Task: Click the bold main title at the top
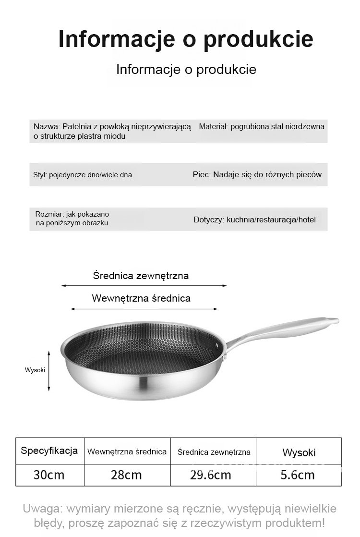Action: (186, 39)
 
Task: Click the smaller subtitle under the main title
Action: (186, 69)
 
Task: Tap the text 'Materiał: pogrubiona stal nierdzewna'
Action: (262, 127)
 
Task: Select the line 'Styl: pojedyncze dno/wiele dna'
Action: (83, 175)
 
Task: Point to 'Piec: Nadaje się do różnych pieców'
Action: (257, 174)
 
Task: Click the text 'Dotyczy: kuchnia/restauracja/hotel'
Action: (254, 220)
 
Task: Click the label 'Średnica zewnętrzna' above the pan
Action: (141, 276)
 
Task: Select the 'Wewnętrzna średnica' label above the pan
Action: (141, 298)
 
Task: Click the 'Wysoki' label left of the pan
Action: (35, 370)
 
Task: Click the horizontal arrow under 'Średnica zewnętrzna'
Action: (144, 286)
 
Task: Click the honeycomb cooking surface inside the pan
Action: (144, 358)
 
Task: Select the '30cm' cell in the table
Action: (49, 475)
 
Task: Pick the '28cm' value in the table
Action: (126, 475)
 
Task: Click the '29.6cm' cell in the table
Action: (211, 475)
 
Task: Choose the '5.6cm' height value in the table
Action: (298, 475)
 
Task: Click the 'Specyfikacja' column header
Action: (49, 451)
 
